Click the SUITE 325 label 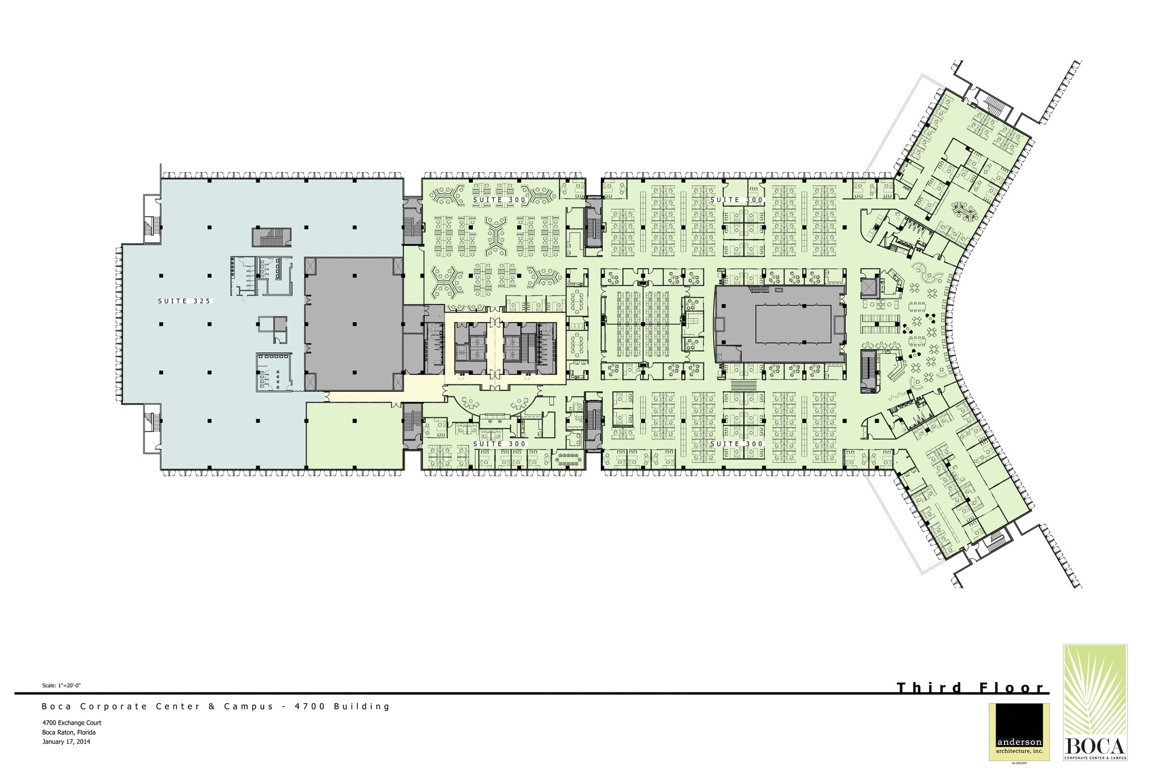184,301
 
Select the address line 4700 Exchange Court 72,723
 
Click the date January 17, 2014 66,741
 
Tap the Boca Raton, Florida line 69,732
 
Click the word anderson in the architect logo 1019,758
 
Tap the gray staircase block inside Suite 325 272,237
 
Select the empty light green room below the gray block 354,435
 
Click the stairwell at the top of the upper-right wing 993,105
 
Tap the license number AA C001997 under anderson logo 1019,771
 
